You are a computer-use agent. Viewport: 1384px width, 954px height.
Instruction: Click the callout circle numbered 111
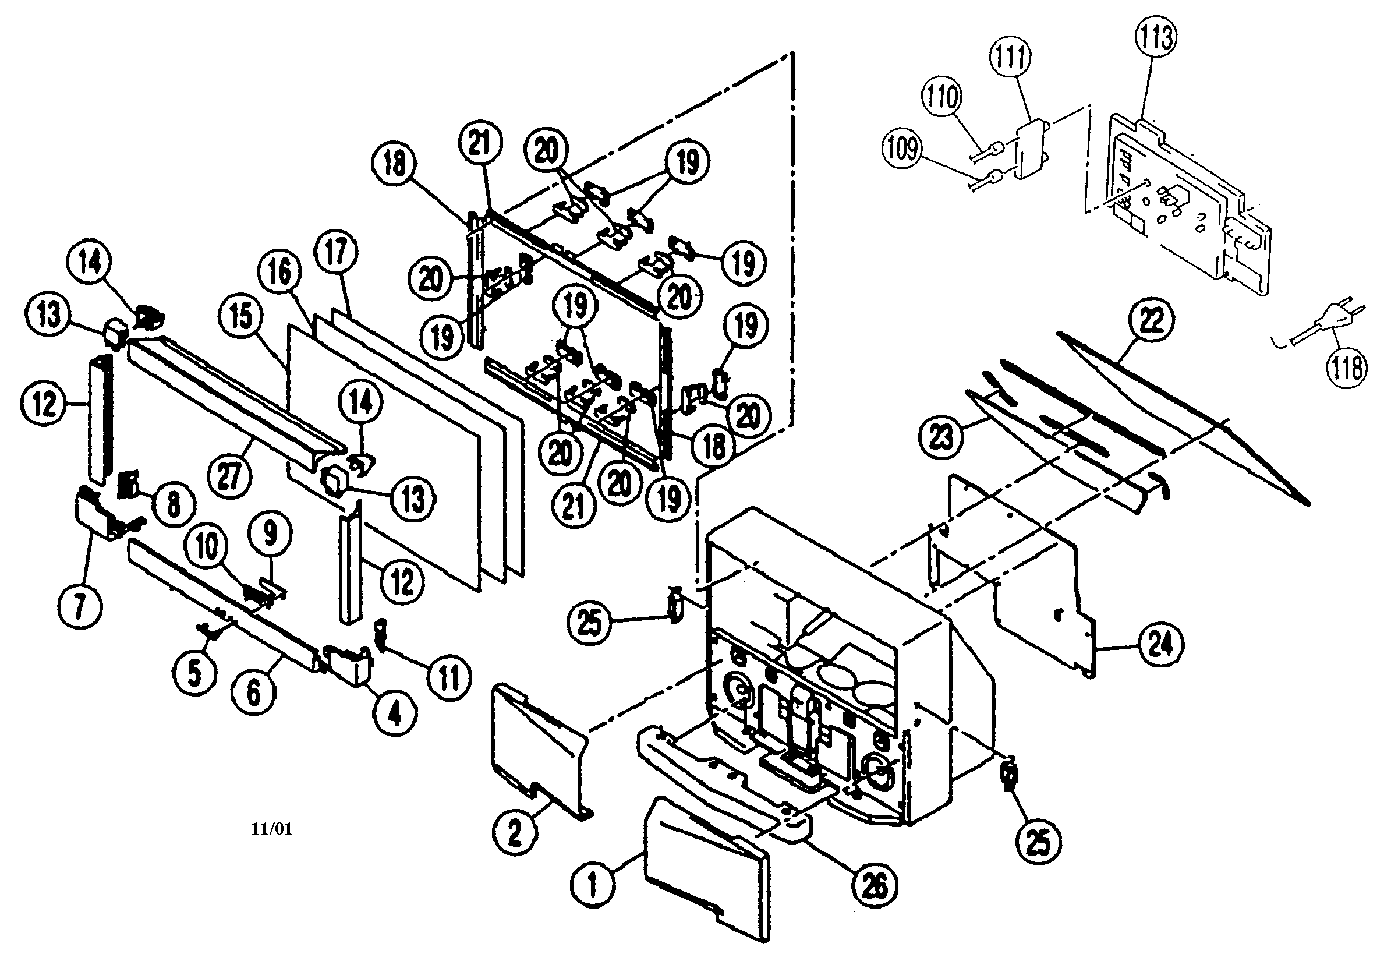1011,58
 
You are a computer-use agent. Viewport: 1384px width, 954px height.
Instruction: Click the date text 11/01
271,829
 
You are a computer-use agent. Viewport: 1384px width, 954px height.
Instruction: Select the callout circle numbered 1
592,885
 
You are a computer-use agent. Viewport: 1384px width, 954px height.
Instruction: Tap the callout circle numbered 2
515,833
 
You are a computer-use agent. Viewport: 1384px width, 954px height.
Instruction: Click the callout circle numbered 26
876,886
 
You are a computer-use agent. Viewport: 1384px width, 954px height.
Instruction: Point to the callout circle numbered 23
941,436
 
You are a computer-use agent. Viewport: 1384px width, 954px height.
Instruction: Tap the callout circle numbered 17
336,252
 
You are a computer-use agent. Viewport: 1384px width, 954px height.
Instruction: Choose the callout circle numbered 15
241,317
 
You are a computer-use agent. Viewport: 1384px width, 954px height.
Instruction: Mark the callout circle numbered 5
195,673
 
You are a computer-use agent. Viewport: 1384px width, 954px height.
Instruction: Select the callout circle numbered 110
943,97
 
